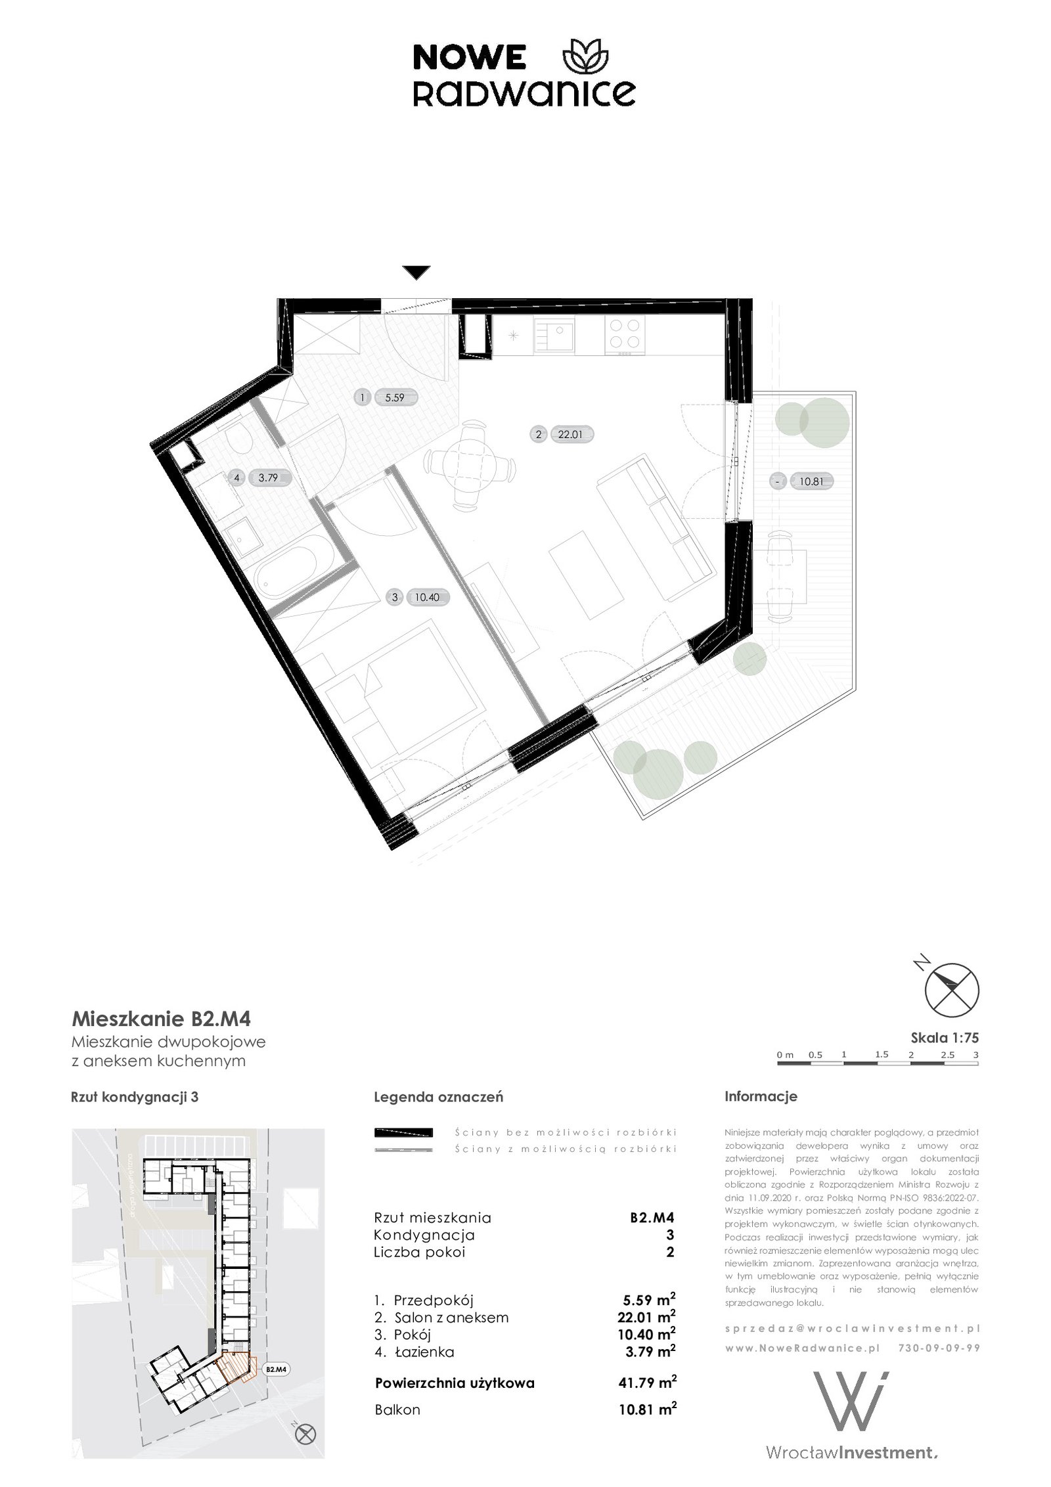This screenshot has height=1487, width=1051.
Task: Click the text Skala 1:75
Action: click(944, 1038)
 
